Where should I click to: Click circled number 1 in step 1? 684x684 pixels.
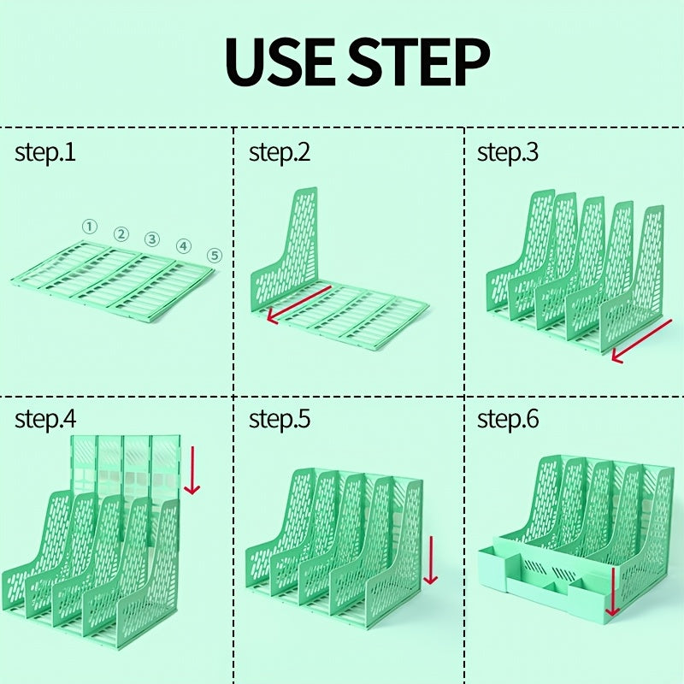click(x=90, y=227)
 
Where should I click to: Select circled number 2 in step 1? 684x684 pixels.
click(x=121, y=234)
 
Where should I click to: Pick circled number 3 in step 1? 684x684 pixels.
click(x=152, y=239)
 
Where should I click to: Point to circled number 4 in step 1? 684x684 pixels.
click(x=184, y=246)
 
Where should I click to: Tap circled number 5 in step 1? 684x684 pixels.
click(x=214, y=255)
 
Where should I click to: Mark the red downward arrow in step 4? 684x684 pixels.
click(x=192, y=470)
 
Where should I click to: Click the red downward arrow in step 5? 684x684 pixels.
click(x=430, y=560)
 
